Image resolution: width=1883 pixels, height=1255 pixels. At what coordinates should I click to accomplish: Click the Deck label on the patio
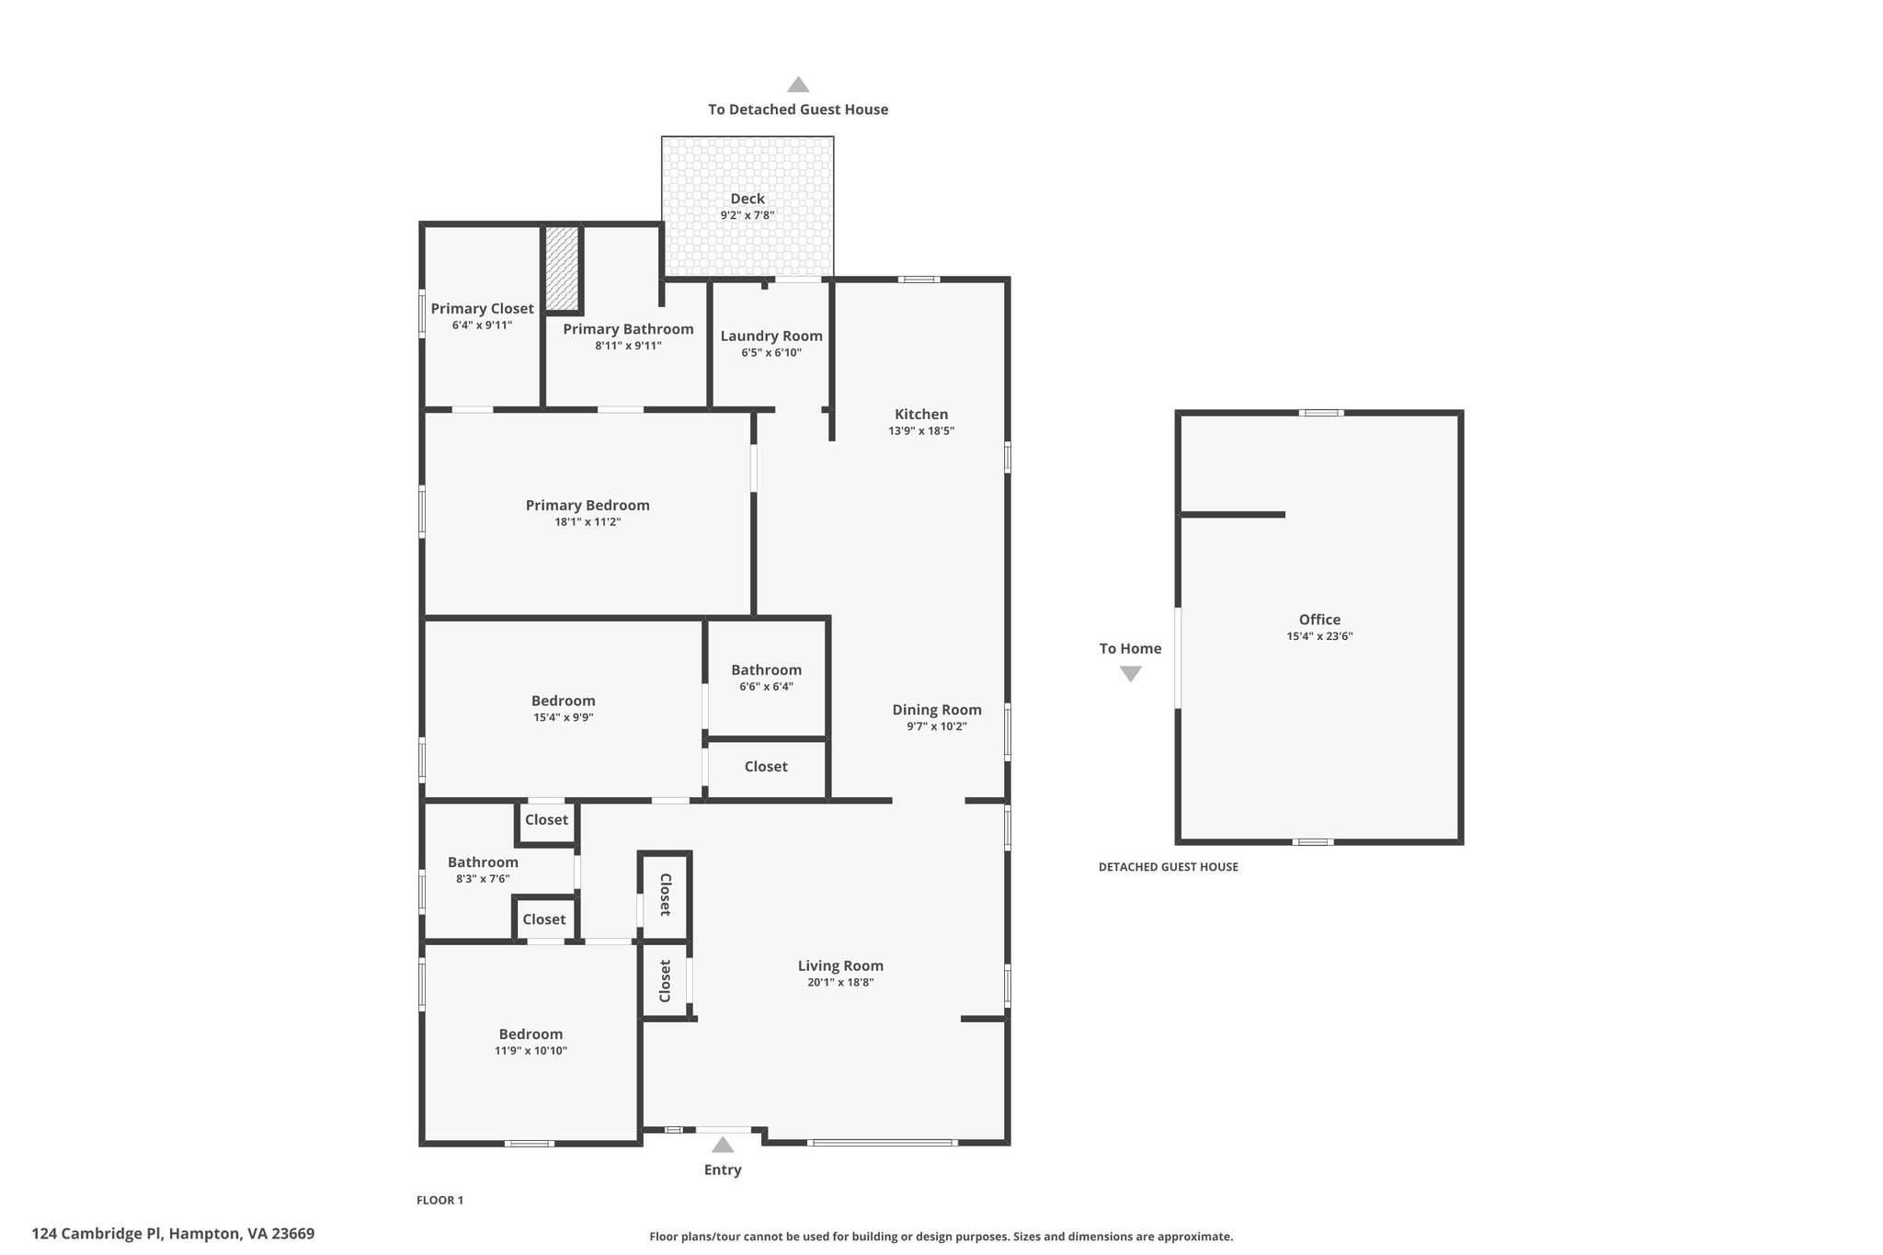(747, 199)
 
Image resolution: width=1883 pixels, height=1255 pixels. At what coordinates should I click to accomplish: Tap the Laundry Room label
(771, 337)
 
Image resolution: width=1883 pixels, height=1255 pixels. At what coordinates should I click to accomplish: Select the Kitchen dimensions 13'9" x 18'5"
(921, 431)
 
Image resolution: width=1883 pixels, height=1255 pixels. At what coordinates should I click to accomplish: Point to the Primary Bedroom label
(588, 506)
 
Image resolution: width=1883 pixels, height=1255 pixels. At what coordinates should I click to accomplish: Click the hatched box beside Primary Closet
(561, 268)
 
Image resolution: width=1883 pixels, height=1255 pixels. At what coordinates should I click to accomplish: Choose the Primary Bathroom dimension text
(628, 347)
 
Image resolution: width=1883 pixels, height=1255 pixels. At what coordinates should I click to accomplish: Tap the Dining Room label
(937, 710)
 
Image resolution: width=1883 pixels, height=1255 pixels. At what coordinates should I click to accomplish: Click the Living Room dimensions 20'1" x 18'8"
(840, 983)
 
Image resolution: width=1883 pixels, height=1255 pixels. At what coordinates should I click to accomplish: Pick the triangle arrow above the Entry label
(723, 1145)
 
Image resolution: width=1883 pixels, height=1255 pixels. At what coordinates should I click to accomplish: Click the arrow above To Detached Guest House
(798, 85)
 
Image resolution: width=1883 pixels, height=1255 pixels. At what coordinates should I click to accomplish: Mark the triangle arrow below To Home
(1131, 673)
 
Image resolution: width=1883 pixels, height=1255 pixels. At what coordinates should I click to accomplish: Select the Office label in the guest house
(1319, 620)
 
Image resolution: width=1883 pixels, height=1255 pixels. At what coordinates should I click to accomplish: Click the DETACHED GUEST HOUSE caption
(1168, 867)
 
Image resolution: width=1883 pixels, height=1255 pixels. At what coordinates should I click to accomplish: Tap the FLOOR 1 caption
(439, 1200)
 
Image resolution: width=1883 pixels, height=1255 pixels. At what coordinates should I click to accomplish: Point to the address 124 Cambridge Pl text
(173, 1234)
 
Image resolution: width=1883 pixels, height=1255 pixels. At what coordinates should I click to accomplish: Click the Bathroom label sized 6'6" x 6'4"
(766, 670)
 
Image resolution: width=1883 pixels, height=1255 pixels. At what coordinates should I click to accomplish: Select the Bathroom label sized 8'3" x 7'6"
(483, 862)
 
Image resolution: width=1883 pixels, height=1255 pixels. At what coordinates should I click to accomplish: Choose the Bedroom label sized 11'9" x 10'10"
(531, 1034)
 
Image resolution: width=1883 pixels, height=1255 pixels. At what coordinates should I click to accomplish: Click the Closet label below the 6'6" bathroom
(766, 767)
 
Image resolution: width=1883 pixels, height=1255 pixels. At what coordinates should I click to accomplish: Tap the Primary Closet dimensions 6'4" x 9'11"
(482, 325)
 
